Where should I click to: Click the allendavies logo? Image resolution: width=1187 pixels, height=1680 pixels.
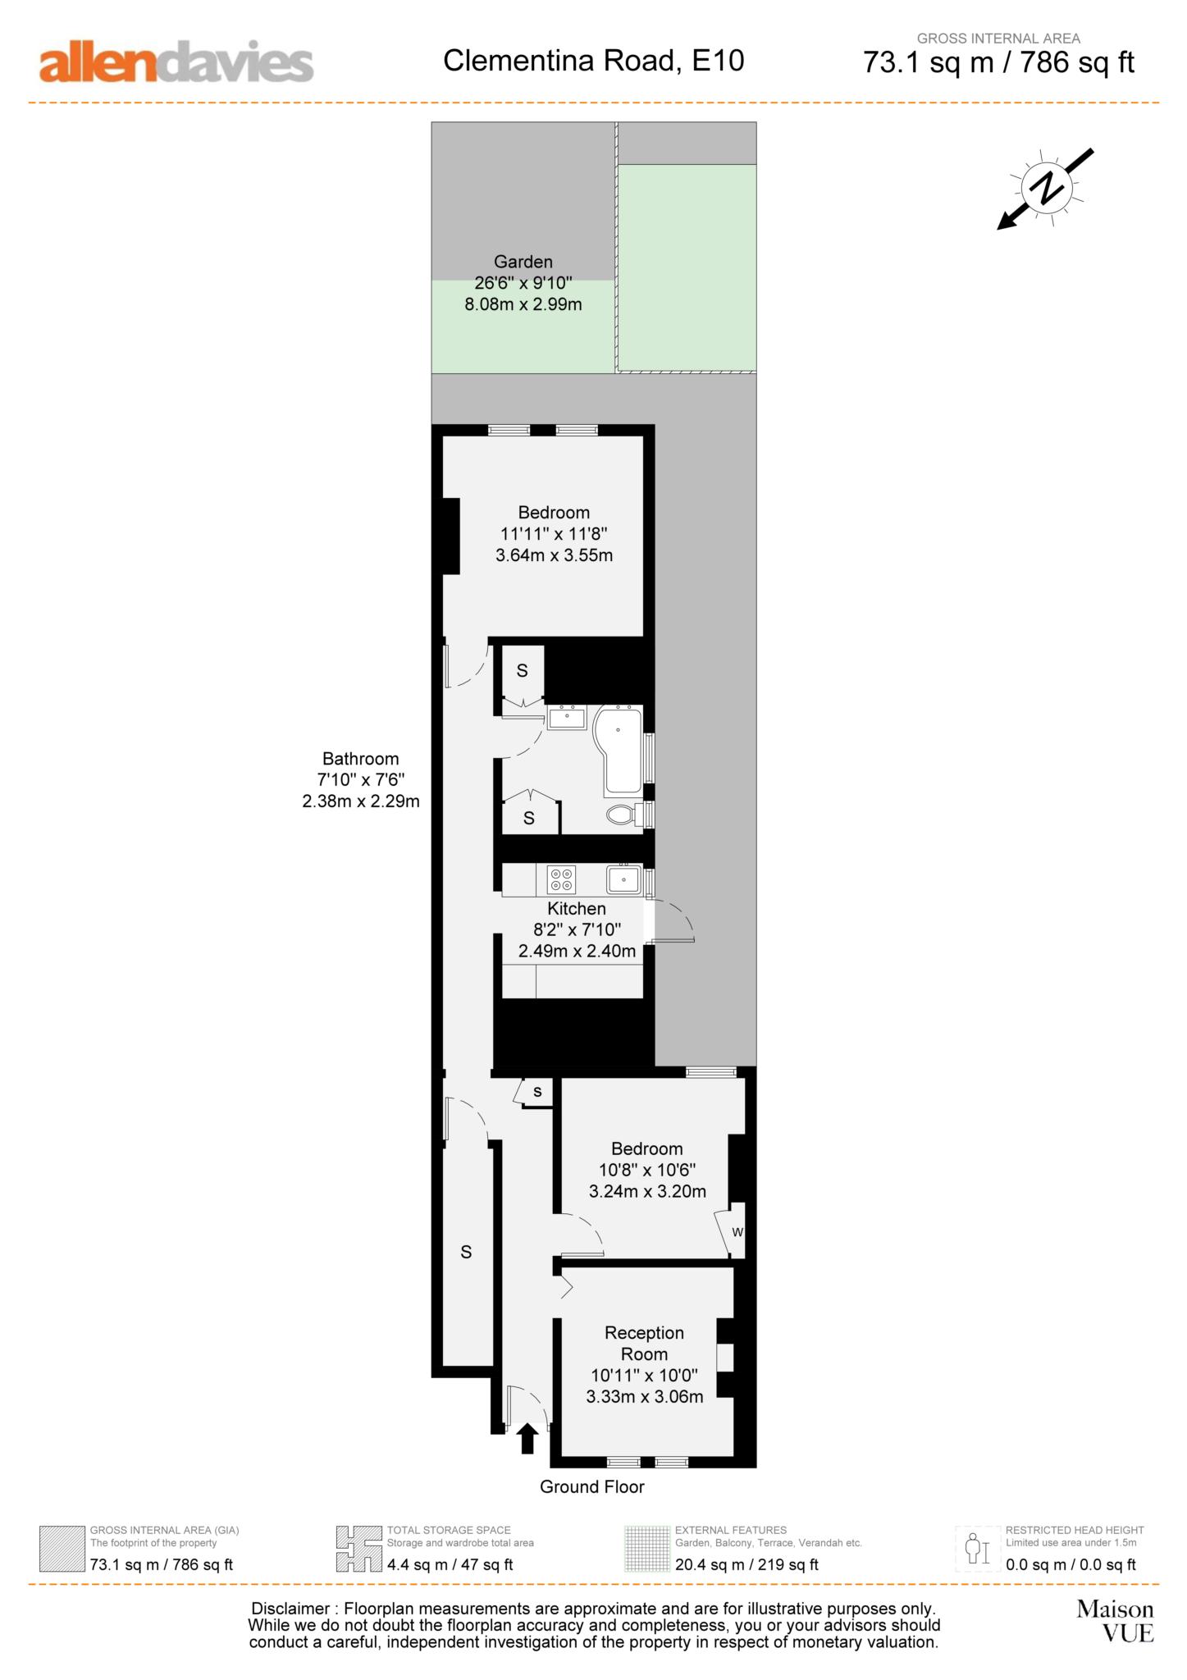(x=176, y=62)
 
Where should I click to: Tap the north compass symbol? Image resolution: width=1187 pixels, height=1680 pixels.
(x=1046, y=188)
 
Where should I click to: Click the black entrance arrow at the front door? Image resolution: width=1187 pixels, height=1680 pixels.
(x=527, y=1438)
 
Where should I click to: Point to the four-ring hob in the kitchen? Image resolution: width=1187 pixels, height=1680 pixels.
(x=562, y=879)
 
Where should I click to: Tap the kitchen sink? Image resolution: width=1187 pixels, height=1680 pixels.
(x=623, y=879)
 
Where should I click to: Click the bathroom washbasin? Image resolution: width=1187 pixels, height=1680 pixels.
(x=566, y=718)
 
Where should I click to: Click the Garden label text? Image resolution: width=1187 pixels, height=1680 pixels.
(x=523, y=262)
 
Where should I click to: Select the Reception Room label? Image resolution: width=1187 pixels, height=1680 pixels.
(x=644, y=1343)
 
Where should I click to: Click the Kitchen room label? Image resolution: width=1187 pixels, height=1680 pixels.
(x=577, y=908)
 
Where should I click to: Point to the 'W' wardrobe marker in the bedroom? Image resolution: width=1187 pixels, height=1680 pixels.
(x=737, y=1232)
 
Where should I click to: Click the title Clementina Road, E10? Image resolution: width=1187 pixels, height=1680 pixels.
(x=593, y=61)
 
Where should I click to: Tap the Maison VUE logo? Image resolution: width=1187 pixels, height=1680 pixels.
(x=1116, y=1621)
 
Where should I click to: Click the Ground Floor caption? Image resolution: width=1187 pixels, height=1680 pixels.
(x=591, y=1486)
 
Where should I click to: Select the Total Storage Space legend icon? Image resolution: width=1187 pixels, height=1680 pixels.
(x=358, y=1549)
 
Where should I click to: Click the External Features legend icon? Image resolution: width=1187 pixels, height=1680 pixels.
(x=646, y=1549)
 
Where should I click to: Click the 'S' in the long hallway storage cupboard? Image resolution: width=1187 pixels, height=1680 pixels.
(x=466, y=1252)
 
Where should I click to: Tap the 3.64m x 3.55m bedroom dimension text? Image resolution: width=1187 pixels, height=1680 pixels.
(x=554, y=555)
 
